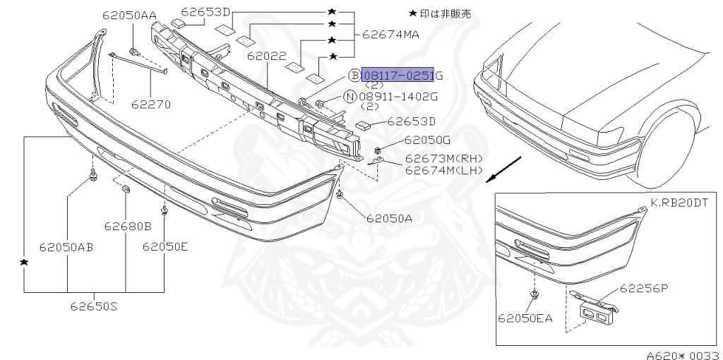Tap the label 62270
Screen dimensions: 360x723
[x=150, y=104]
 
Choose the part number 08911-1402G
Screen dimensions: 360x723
[x=399, y=96]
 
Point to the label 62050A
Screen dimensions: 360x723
[x=389, y=218]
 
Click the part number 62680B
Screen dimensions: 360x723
[x=128, y=227]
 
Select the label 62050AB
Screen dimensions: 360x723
[x=66, y=247]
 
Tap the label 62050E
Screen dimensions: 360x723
[x=165, y=246]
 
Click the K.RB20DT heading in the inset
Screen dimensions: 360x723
[x=680, y=202]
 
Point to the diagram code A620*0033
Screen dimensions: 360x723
[x=682, y=354]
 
